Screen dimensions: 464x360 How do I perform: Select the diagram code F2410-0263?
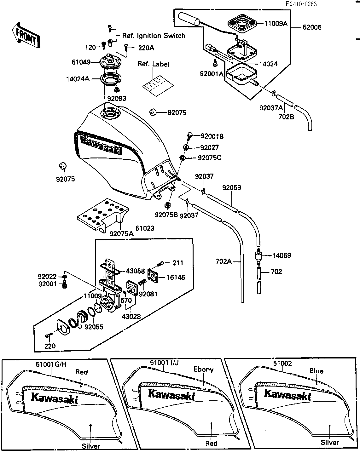pyautogui.click(x=301, y=4)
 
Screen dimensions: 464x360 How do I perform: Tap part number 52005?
pyautogui.click(x=312, y=27)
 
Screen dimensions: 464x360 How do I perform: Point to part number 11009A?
pyautogui.click(x=276, y=23)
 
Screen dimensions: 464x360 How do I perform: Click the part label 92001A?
pyautogui.click(x=211, y=74)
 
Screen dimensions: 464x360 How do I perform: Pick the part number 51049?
pyautogui.click(x=81, y=62)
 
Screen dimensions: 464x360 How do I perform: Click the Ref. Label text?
pyautogui.click(x=153, y=64)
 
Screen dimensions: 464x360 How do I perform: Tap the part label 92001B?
pyautogui.click(x=212, y=136)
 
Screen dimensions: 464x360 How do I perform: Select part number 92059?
pyautogui.click(x=231, y=188)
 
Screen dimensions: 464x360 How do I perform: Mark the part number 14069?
pyautogui.click(x=282, y=255)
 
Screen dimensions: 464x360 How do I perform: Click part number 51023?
pyautogui.click(x=145, y=228)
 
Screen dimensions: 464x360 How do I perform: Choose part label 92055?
pyautogui.click(x=94, y=327)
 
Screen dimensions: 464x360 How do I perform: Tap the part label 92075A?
pyautogui.click(x=121, y=234)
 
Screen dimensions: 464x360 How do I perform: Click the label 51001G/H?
pyautogui.click(x=51, y=364)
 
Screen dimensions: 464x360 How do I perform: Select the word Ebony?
pyautogui.click(x=203, y=369)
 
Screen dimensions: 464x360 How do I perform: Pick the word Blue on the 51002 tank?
pyautogui.click(x=316, y=371)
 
